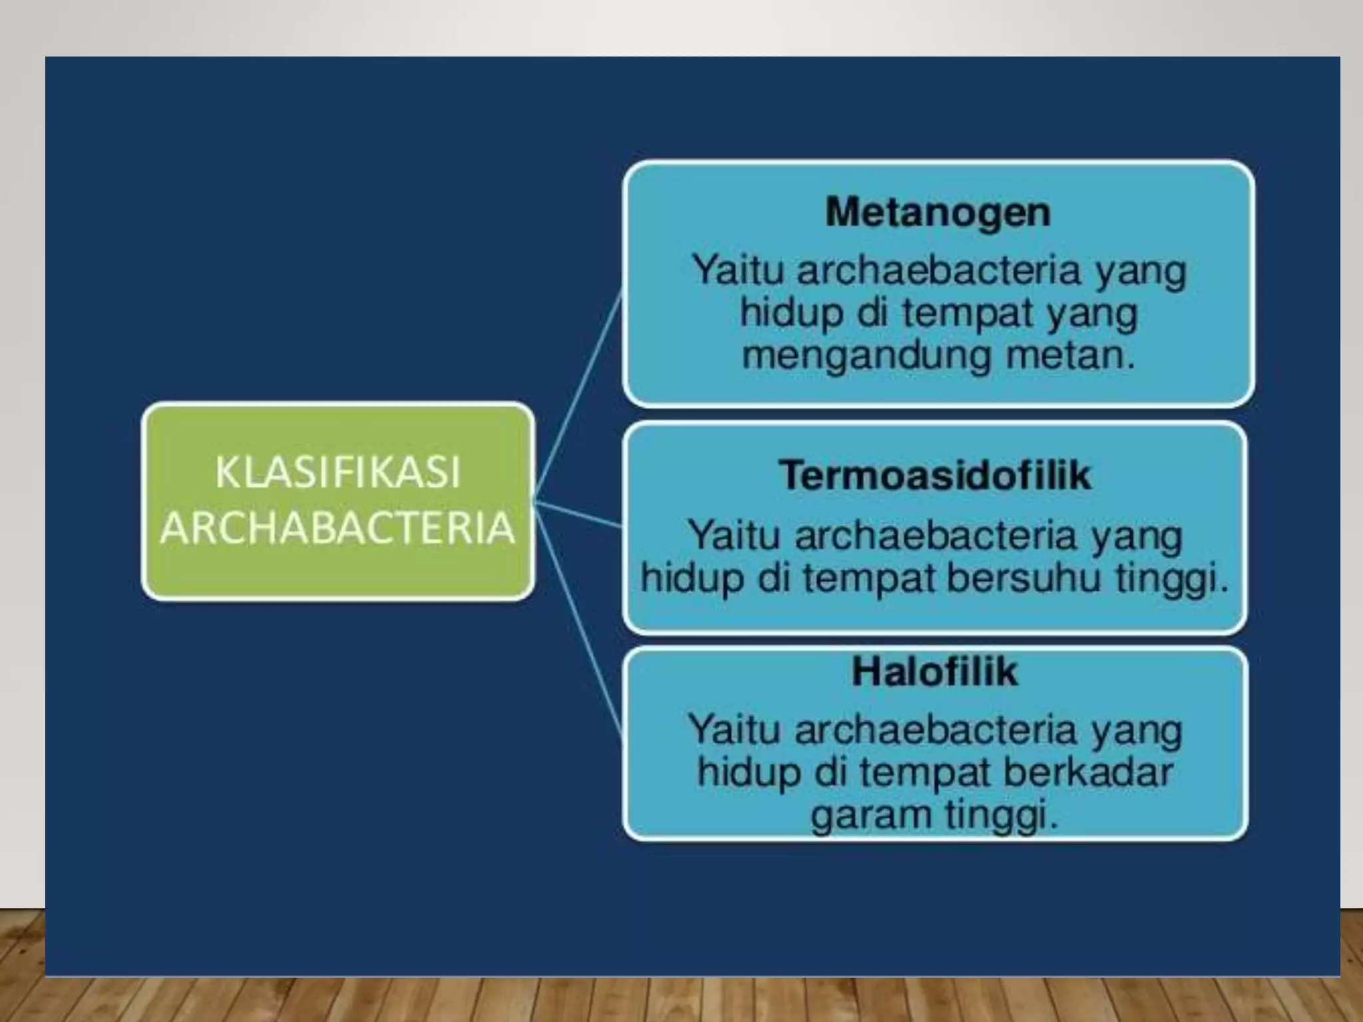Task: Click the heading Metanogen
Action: pos(938,213)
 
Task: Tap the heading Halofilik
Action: pos(934,672)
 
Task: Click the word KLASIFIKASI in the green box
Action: pos(337,472)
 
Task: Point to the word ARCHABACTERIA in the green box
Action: pos(337,528)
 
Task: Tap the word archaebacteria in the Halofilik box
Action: pos(935,730)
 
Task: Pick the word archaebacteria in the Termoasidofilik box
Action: pos(935,536)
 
